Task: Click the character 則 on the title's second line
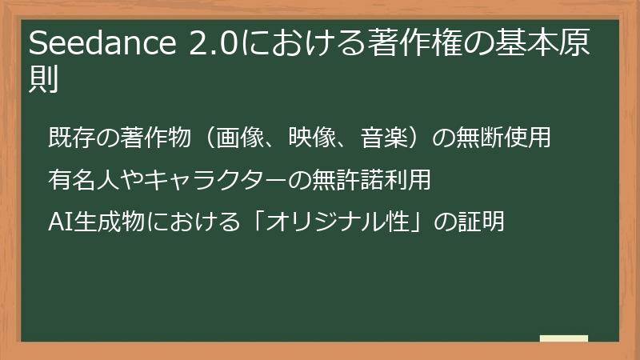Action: click(x=45, y=81)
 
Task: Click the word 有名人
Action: click(x=80, y=180)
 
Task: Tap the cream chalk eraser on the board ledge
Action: click(x=563, y=338)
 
